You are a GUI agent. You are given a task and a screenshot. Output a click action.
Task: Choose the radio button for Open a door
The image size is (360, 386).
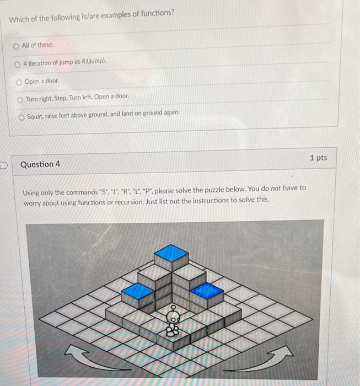(x=19, y=81)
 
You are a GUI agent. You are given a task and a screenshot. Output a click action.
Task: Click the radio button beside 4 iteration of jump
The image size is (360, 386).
(x=18, y=65)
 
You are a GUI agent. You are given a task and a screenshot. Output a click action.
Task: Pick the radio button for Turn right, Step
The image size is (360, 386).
(x=20, y=99)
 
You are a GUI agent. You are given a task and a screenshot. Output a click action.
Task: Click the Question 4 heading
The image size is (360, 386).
(x=40, y=164)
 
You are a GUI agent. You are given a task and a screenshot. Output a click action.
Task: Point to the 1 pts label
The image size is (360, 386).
(x=319, y=158)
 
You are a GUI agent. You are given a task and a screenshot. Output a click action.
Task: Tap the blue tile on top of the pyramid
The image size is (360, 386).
(x=171, y=254)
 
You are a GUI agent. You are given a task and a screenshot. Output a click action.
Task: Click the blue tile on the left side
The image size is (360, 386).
(x=137, y=291)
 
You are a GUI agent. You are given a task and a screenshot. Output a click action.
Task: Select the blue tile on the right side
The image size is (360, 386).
(x=206, y=290)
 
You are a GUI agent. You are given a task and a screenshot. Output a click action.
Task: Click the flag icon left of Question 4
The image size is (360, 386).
(x=4, y=164)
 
